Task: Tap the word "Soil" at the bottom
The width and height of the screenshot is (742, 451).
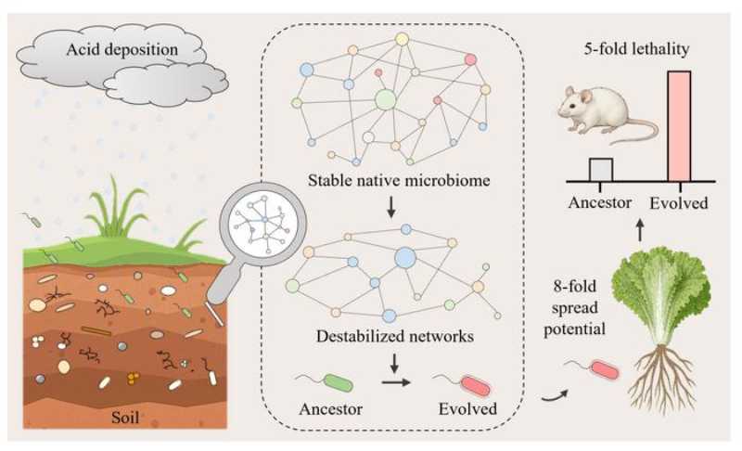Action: pos(128,417)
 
